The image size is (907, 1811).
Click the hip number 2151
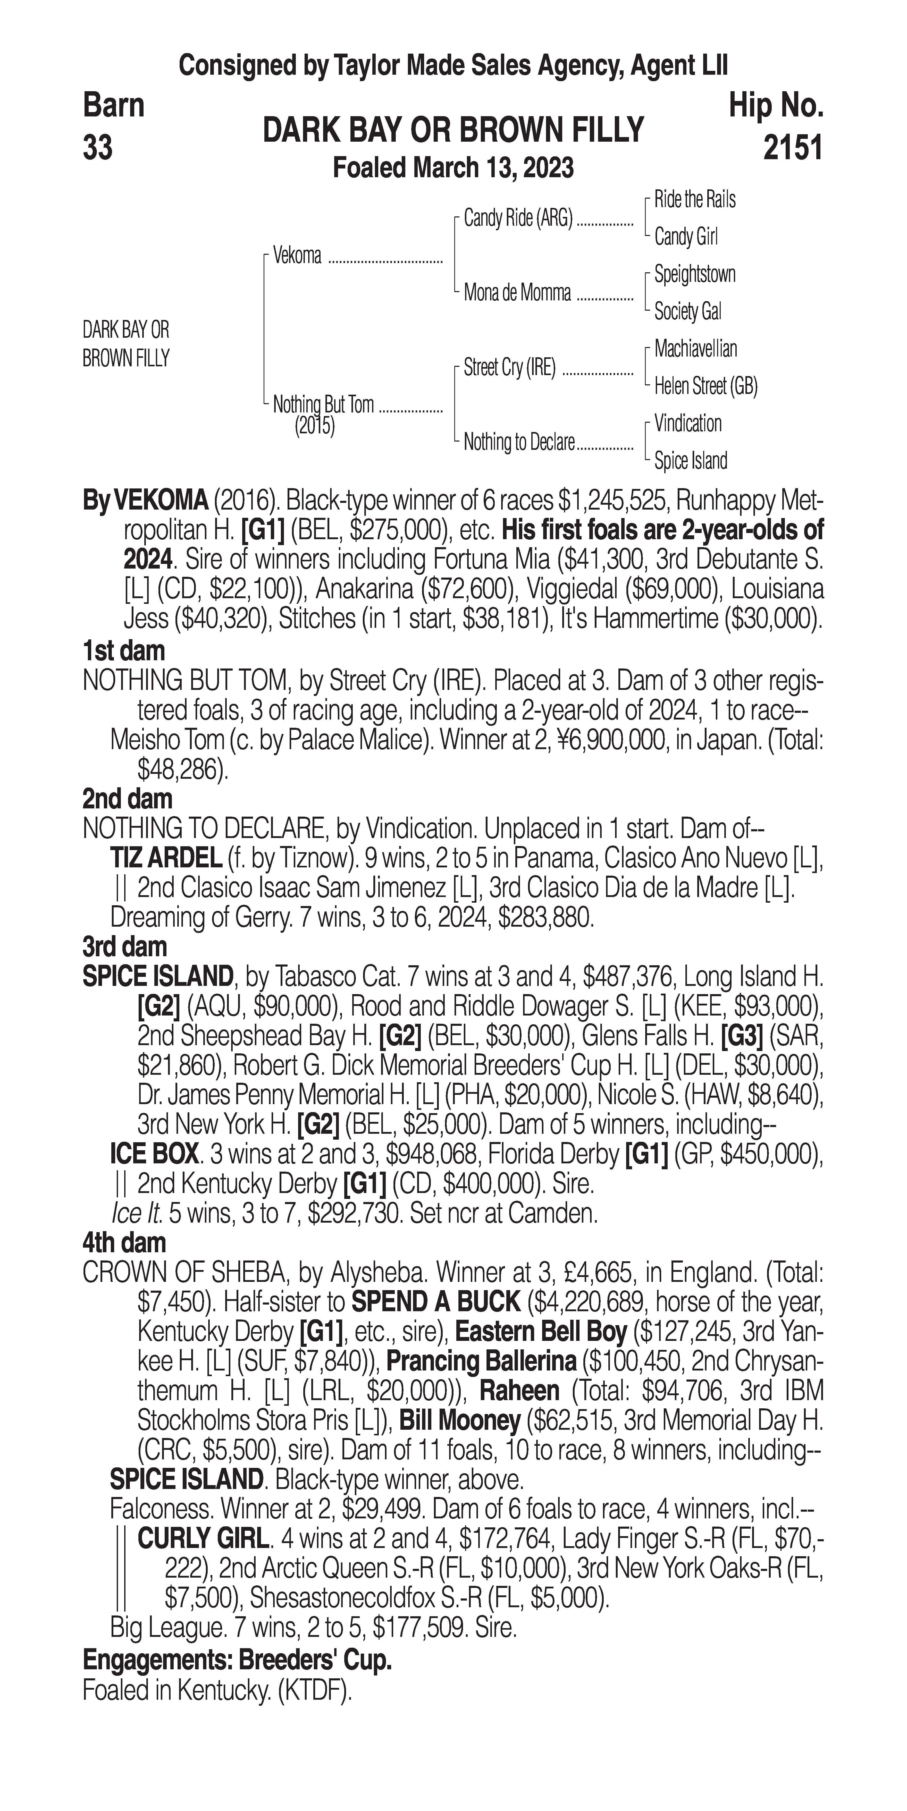tap(792, 148)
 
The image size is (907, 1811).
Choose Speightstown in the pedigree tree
tap(695, 274)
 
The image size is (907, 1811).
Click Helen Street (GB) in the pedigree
tap(705, 386)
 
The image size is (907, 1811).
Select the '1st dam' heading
tap(124, 651)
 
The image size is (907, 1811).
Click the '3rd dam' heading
tap(124, 947)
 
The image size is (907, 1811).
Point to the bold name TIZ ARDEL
tap(167, 858)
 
